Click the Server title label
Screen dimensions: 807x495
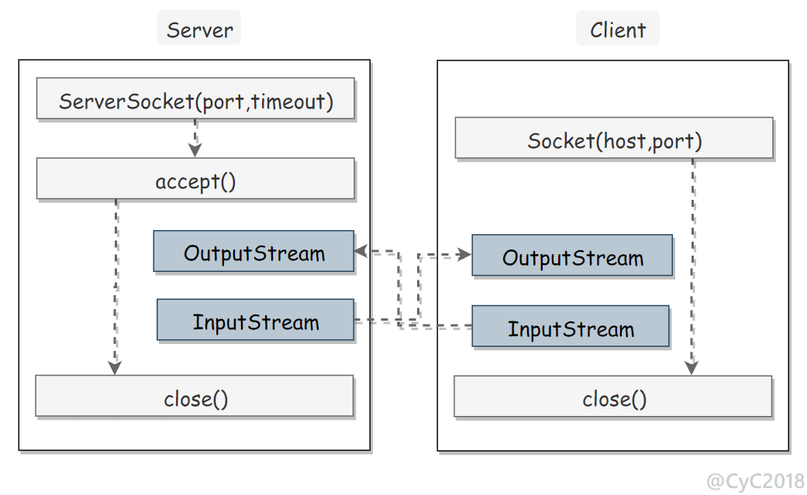tap(199, 30)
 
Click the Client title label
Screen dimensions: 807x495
tap(617, 30)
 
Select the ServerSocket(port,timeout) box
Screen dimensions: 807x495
tap(195, 98)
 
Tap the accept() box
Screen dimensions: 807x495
tap(195, 178)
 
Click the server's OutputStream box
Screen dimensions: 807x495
tap(253, 251)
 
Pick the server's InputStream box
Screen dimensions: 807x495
tap(255, 319)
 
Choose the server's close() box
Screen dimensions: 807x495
tap(195, 396)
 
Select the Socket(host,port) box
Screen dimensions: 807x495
tap(614, 138)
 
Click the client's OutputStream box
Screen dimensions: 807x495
tap(572, 255)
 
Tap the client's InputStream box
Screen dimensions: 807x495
tap(571, 326)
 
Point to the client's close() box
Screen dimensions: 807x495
tap(613, 396)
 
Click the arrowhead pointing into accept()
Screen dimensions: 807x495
tap(195, 150)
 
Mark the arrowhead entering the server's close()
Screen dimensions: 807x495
tap(115, 367)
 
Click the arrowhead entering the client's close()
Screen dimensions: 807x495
tap(691, 367)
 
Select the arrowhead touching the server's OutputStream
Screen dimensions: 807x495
tap(360, 252)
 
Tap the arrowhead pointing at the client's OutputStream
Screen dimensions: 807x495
tap(464, 255)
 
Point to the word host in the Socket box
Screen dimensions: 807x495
tap(624, 141)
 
